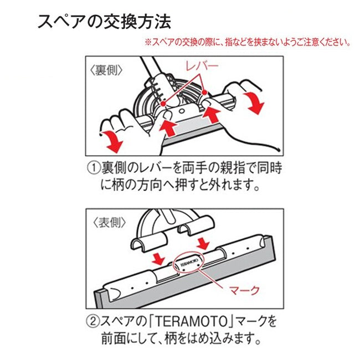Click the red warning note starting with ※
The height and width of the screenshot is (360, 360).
pos(247,42)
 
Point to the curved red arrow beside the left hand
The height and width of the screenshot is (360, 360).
pos(111,141)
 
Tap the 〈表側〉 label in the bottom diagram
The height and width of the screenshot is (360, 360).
pos(106,223)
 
